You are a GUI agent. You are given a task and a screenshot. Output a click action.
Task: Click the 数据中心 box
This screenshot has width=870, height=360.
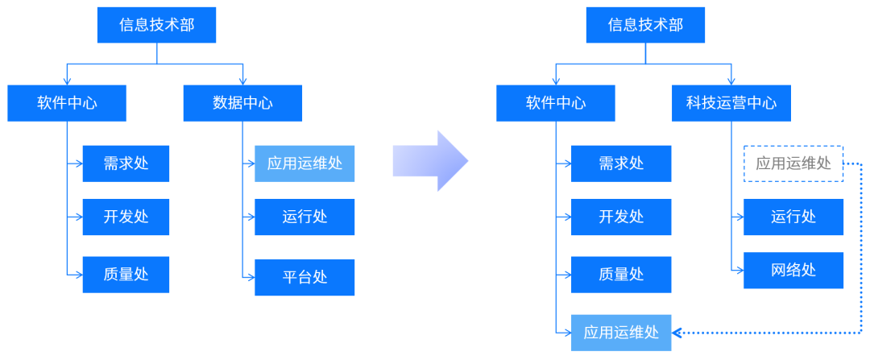[242, 103]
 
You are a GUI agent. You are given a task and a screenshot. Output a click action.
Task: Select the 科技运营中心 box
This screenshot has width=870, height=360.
[731, 103]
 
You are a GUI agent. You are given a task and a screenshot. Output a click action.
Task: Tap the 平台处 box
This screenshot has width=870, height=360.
[304, 277]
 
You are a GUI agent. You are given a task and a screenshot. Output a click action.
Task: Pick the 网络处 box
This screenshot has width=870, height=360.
[793, 270]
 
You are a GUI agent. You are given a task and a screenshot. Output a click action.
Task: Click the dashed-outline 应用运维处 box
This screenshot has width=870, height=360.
[793, 163]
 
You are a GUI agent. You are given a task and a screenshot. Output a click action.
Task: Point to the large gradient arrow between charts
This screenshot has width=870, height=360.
[431, 161]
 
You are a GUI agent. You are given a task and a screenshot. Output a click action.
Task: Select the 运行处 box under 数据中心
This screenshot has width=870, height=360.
[304, 217]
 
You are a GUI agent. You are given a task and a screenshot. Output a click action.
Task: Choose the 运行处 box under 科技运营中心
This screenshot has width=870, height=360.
[793, 217]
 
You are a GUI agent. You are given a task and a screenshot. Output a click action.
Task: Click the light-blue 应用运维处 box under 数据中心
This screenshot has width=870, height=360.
[304, 163]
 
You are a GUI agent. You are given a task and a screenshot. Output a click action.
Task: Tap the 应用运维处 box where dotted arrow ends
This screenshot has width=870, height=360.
[621, 333]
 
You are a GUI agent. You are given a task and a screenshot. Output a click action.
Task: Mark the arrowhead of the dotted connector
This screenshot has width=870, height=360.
[677, 333]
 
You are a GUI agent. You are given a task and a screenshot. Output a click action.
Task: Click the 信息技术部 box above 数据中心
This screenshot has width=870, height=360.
[157, 25]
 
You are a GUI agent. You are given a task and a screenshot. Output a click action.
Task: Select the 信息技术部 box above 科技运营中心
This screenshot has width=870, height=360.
[645, 25]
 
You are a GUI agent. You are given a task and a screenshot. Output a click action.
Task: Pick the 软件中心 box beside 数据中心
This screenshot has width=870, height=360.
[67, 103]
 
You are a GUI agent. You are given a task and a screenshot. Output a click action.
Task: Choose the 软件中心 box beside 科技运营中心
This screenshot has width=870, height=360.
[556, 103]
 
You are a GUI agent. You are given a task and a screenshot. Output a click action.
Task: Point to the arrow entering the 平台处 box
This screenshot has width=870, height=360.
[249, 277]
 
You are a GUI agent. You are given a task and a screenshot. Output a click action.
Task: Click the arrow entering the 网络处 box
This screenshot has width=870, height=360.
[738, 270]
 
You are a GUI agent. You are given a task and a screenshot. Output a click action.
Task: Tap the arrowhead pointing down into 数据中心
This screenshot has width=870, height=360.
[242, 81]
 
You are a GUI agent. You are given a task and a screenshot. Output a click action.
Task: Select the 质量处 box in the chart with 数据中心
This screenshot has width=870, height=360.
[126, 274]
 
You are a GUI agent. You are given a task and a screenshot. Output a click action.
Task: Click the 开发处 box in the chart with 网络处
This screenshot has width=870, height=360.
[621, 217]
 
